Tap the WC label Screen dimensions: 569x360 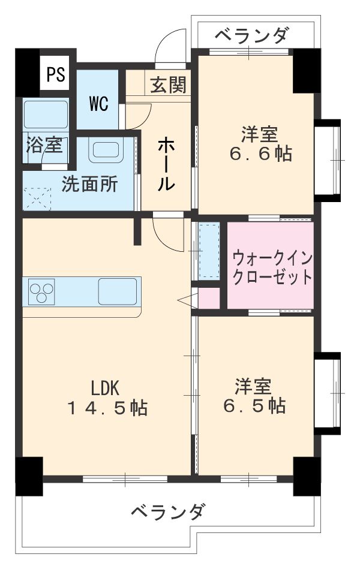tap(99, 104)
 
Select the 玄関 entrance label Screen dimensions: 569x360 tap(167, 86)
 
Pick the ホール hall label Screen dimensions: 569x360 tap(166, 164)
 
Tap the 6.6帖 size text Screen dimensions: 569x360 tap(260, 154)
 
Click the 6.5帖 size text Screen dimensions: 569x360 tap(254, 406)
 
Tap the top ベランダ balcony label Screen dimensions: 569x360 tap(251, 37)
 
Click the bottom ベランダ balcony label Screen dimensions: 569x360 tap(168, 513)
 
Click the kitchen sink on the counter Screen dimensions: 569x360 tap(118, 291)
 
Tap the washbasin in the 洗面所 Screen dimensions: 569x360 tap(106, 150)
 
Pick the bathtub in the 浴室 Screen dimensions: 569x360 tap(46, 114)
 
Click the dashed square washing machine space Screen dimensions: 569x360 tap(38, 196)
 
